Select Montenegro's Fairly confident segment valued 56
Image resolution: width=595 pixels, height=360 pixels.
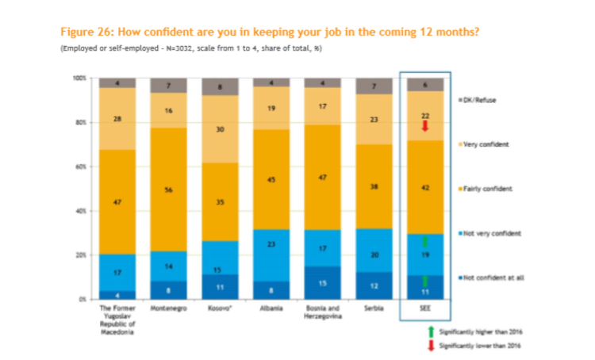pos(168,190)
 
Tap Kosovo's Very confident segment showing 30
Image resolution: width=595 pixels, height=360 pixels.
pos(219,129)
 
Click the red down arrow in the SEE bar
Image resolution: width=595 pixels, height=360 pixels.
pos(426,126)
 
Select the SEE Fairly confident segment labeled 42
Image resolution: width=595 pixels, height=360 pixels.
pos(426,187)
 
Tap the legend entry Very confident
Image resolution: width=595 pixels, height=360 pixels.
pos(484,144)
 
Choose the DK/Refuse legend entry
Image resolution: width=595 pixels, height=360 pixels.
pos(481,100)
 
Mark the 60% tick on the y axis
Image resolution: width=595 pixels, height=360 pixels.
pos(79,167)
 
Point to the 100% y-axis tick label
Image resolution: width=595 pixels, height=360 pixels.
pos(79,79)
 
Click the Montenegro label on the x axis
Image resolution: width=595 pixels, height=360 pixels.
pos(168,308)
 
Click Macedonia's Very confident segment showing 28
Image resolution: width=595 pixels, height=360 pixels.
pos(117,118)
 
